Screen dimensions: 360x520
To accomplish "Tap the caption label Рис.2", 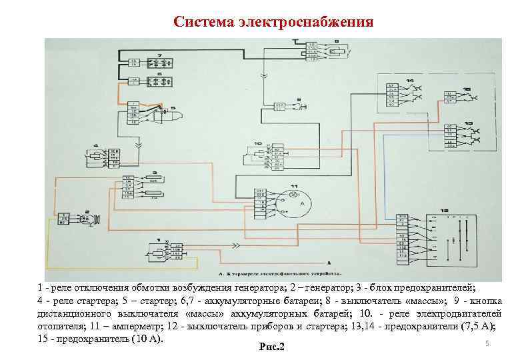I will pos(270,347).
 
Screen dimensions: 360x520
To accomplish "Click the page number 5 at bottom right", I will pos(487,343).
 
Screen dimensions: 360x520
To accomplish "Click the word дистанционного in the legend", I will pos(74,313).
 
